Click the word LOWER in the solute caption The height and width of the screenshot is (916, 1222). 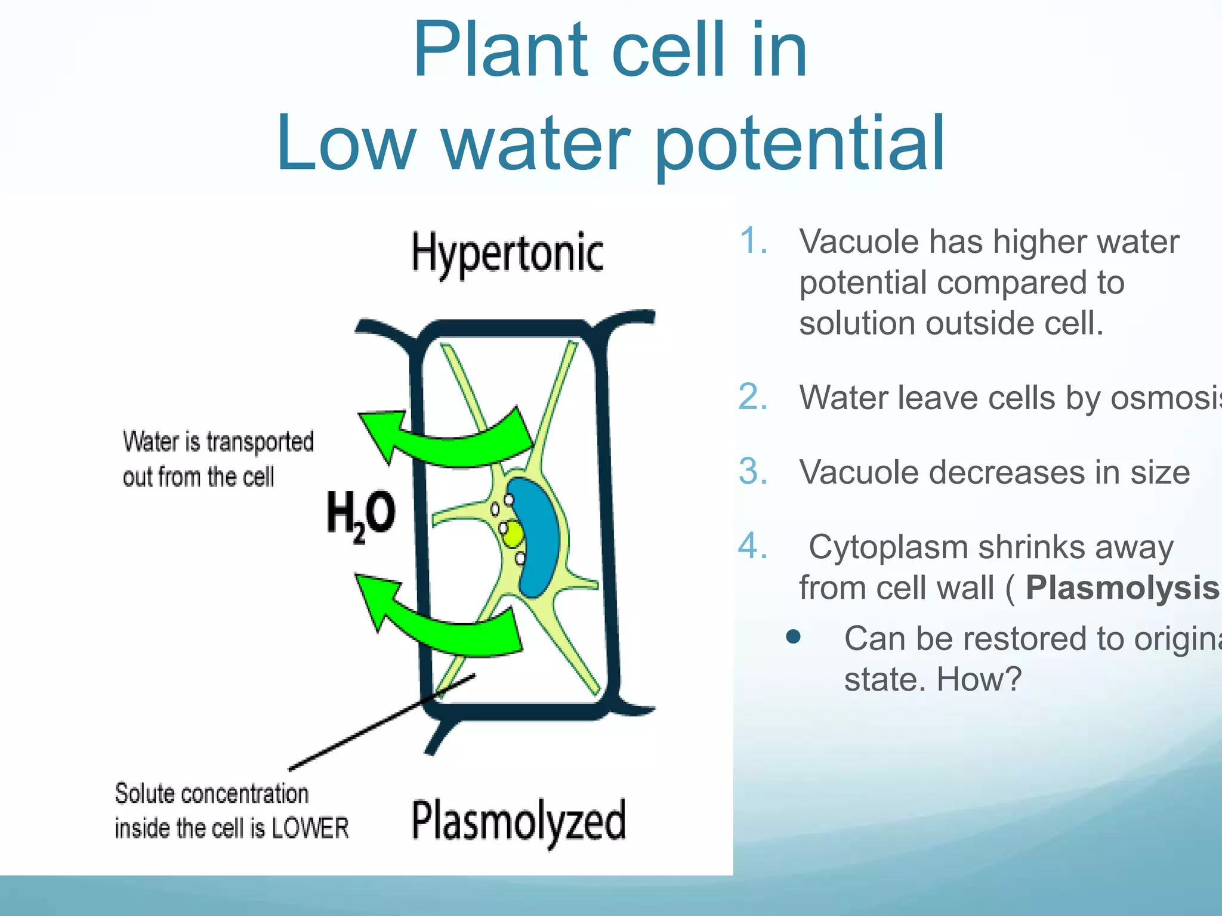pyautogui.click(x=310, y=828)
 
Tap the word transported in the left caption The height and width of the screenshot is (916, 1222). pyautogui.click(x=260, y=442)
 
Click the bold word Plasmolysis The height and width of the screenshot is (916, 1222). pyautogui.click(x=1122, y=588)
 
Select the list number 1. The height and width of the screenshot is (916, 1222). pyautogui.click(x=753, y=242)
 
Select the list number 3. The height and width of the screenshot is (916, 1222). pyautogui.click(x=753, y=472)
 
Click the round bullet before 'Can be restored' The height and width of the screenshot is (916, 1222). pyautogui.click(x=793, y=637)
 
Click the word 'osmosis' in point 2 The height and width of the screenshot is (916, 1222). pyautogui.click(x=1164, y=398)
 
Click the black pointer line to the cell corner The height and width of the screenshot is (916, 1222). pyautogui.click(x=382, y=722)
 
